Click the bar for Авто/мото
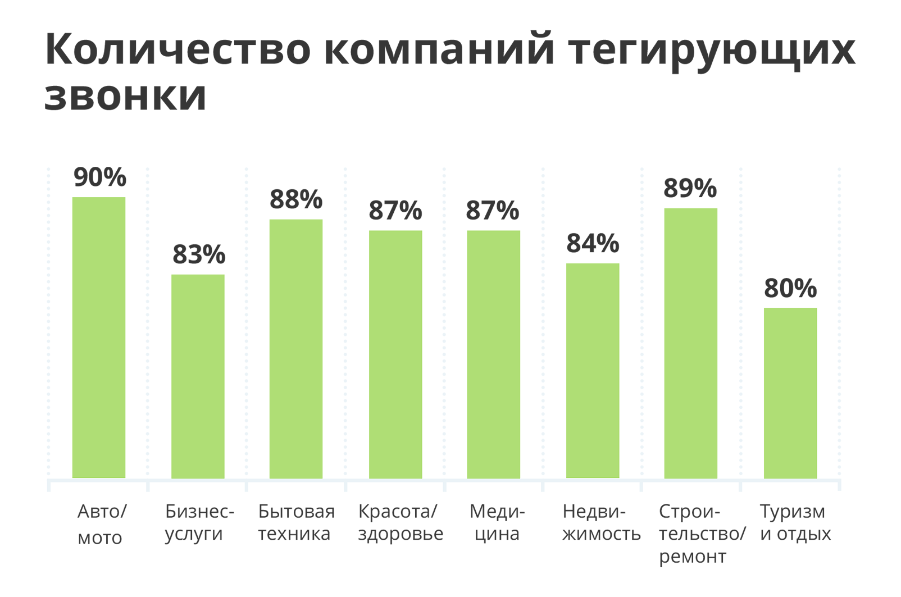(x=99, y=337)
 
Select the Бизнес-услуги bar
(x=198, y=376)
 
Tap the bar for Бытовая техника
(x=296, y=348)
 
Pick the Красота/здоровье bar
(x=395, y=354)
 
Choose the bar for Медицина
(x=493, y=354)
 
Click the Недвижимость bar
(x=593, y=371)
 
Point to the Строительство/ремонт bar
(x=690, y=343)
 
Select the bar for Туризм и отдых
(x=790, y=393)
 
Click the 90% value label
(x=100, y=177)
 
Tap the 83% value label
(x=199, y=255)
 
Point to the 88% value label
(x=296, y=200)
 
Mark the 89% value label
(x=690, y=189)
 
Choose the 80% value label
(x=790, y=289)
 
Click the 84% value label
(x=593, y=244)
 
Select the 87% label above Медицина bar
(x=493, y=211)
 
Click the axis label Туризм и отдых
(x=795, y=522)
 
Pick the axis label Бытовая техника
(x=296, y=522)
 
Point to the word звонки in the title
(x=126, y=95)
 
